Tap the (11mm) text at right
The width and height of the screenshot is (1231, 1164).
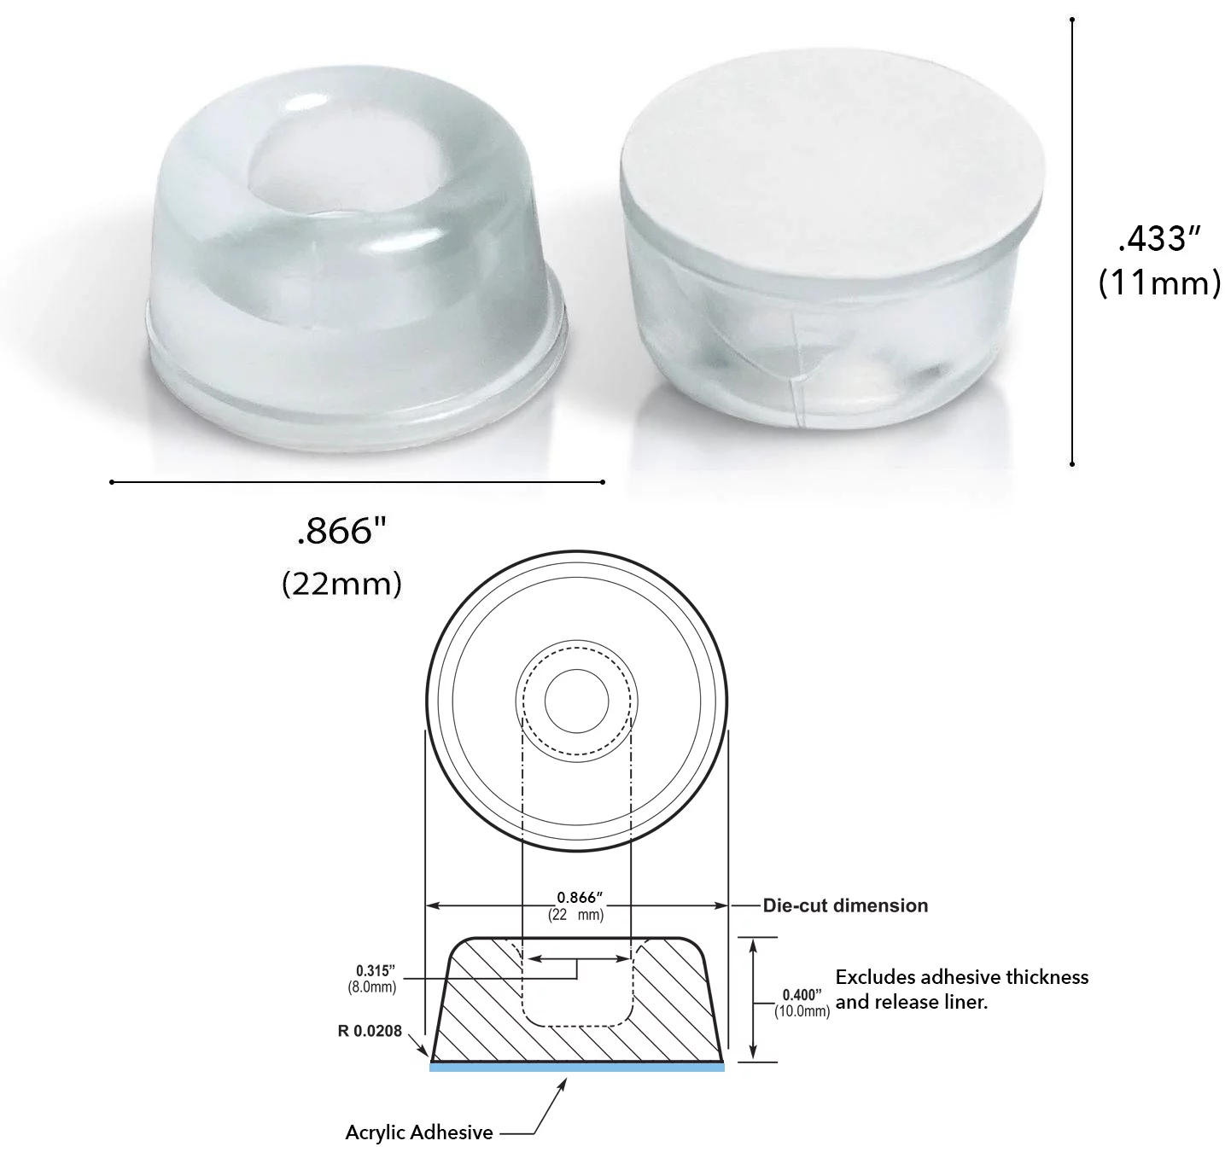click(x=1158, y=282)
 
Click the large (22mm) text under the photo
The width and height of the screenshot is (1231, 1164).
click(x=341, y=584)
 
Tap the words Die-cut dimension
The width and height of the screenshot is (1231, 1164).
click(x=845, y=905)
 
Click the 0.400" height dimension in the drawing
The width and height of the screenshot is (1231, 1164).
click(x=802, y=995)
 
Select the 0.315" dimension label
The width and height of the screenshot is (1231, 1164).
click(x=376, y=970)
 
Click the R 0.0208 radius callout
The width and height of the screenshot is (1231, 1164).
click(x=370, y=1031)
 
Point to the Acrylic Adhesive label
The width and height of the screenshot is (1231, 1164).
click(x=418, y=1133)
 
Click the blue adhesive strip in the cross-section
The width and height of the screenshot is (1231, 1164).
click(x=576, y=1067)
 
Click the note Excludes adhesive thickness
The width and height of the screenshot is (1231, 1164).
click(x=961, y=977)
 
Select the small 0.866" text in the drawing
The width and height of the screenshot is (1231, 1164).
click(x=580, y=897)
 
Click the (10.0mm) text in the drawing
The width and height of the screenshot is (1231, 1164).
click(x=802, y=1011)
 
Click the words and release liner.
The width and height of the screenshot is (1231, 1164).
click(x=911, y=1003)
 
